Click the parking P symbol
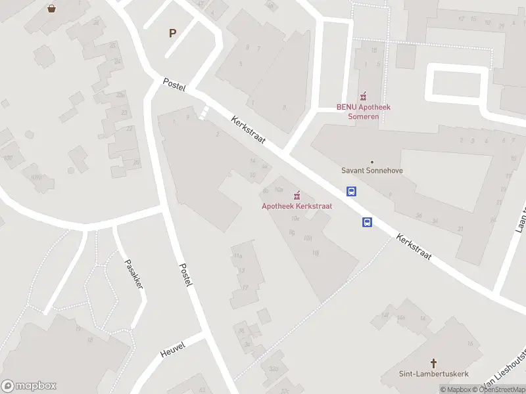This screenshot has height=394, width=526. click(x=173, y=33)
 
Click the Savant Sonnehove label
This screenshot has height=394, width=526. click(x=371, y=171)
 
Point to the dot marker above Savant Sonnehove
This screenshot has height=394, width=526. click(x=371, y=162)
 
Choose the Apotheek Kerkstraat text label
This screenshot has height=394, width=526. click(x=297, y=206)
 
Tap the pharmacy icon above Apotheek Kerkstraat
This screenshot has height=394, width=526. click(x=297, y=195)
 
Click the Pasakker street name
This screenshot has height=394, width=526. click(x=134, y=274)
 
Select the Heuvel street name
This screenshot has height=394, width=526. click(x=173, y=349)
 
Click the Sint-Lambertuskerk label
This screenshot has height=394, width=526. click(x=433, y=374)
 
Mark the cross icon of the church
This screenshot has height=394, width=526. click(x=434, y=363)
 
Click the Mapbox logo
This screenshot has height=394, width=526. click(x=29, y=386)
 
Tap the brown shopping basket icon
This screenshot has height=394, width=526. click(x=51, y=9)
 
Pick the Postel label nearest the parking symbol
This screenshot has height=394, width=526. click(x=174, y=84)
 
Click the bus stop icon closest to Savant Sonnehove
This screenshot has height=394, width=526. click(x=352, y=192)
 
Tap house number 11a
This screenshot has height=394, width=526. click(x=237, y=256)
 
